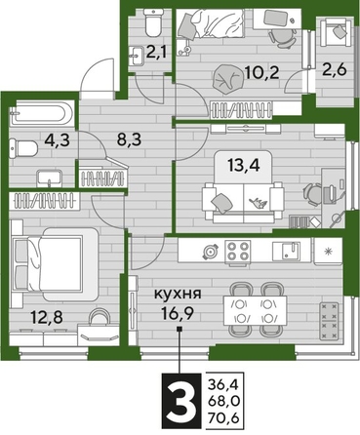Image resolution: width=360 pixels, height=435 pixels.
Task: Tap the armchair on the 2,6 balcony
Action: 337,34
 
